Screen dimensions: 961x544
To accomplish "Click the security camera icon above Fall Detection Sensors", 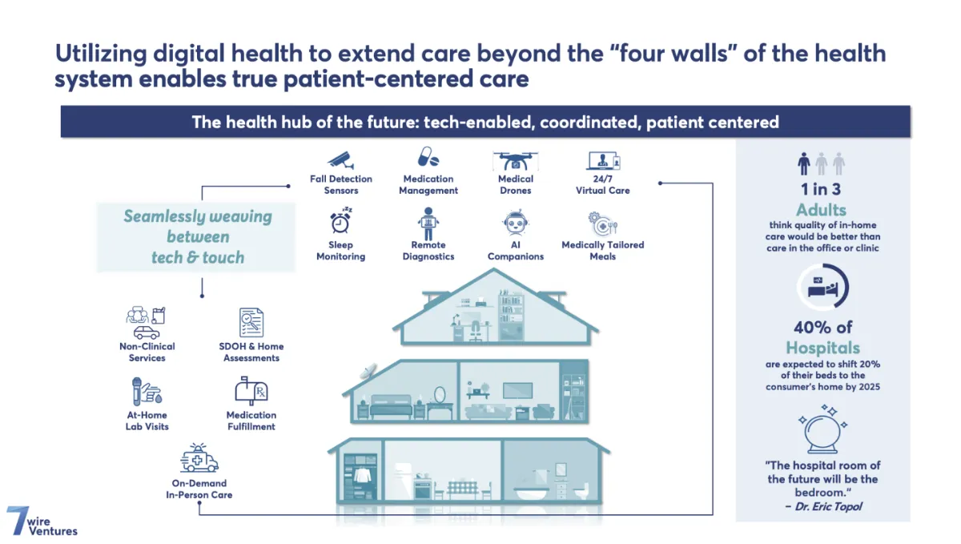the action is coord(341,160).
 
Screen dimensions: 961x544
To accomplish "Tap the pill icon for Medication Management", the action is coord(428,157).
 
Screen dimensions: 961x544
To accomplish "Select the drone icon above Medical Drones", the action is coord(515,160).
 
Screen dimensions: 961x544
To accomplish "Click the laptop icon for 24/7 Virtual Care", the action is coord(603,161).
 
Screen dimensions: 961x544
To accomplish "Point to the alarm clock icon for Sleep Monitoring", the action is coord(340,220).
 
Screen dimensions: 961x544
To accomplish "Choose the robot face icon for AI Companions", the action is coord(515,223).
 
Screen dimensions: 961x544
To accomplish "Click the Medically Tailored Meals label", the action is coord(603,250).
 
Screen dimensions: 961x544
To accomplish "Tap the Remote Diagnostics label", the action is coord(428,250).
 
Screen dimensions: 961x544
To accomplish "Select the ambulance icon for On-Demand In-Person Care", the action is coord(199,457).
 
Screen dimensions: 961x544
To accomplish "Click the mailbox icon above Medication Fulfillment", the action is coord(251,391).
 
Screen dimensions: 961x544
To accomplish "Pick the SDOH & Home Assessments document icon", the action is coord(251,322).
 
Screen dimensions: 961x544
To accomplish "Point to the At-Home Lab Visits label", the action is coord(147,421).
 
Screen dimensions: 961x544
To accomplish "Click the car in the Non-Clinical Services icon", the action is coord(147,332).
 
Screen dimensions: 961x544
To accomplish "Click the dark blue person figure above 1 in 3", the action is coord(804,163).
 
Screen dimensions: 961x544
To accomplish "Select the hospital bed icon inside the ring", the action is coord(822,288).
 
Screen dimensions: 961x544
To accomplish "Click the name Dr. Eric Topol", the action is coord(828,506).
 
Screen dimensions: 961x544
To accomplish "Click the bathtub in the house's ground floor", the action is coord(531,492).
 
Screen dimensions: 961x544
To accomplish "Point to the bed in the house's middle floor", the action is coord(391,406).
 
